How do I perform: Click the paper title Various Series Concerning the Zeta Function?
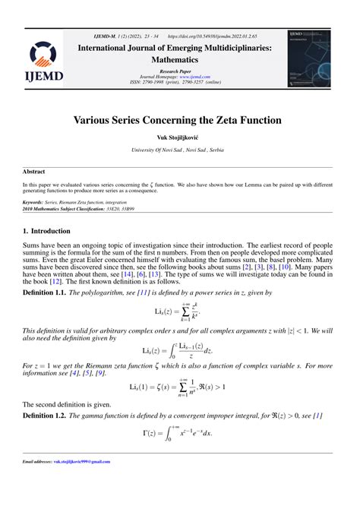coord(179,119)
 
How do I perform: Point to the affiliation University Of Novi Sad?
coord(179,150)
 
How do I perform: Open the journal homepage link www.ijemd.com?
coord(194,77)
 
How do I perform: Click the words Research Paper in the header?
coord(179,71)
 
